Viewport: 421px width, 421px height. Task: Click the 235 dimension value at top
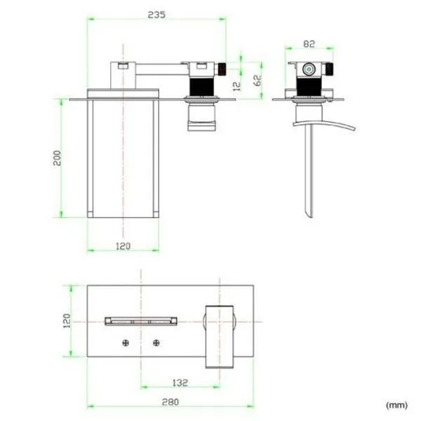(x=156, y=15)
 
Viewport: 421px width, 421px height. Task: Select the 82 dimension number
(x=309, y=44)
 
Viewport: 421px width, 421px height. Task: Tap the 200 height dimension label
(x=58, y=158)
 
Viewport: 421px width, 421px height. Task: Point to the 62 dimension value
(x=258, y=80)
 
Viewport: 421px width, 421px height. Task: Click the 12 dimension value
(x=237, y=86)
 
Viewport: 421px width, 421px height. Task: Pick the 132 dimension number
(x=180, y=382)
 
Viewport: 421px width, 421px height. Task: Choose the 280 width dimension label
(x=171, y=402)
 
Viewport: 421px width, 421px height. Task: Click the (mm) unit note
(x=396, y=405)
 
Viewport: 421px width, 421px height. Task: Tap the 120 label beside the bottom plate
(x=67, y=321)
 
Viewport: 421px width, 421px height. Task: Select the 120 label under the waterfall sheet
(x=123, y=246)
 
